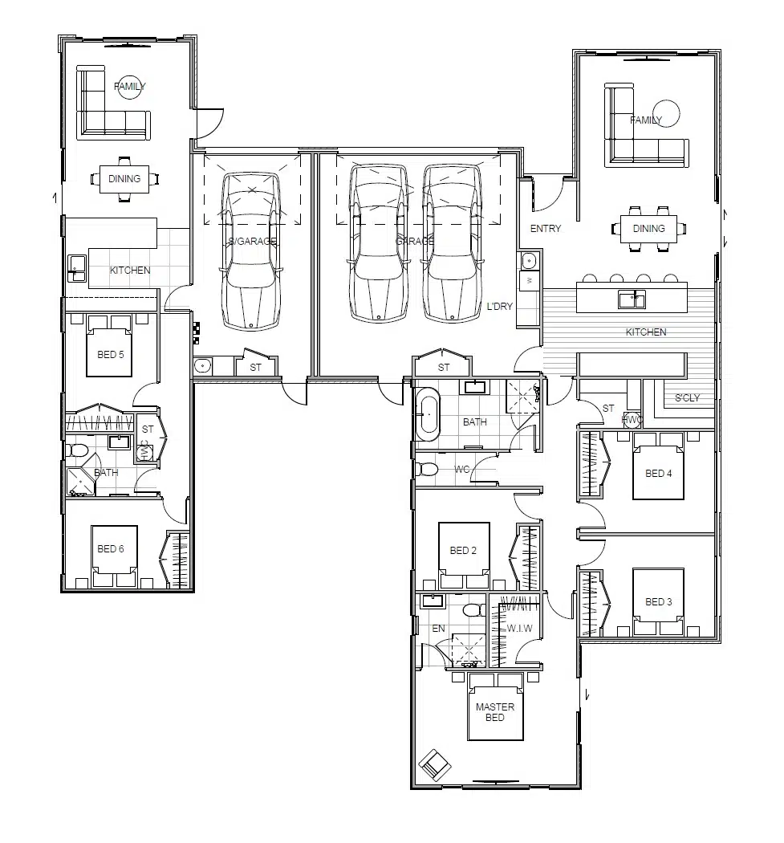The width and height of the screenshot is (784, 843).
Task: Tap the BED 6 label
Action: [111, 549]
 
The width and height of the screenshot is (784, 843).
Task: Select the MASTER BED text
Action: [495, 712]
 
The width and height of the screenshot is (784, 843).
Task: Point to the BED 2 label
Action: [464, 551]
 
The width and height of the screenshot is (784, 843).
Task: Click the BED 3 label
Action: [659, 602]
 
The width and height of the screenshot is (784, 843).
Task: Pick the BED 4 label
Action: [659, 474]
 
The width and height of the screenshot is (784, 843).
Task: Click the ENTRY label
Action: [546, 229]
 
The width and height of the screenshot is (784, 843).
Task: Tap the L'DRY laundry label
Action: [500, 307]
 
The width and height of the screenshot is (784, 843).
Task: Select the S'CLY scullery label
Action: [687, 398]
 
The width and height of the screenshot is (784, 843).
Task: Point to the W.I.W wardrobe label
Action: [519, 627]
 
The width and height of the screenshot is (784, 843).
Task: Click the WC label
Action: [461, 469]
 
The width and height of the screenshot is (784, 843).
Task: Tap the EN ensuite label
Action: [438, 629]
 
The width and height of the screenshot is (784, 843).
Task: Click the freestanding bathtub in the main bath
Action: [427, 414]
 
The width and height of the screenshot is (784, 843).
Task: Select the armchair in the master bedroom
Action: [434, 764]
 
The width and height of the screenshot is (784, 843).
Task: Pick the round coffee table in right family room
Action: [666, 113]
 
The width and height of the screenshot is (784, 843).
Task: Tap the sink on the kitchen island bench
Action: [632, 300]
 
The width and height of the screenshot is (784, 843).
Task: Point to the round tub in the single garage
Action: [203, 366]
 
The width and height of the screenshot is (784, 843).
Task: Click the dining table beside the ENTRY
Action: [648, 228]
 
